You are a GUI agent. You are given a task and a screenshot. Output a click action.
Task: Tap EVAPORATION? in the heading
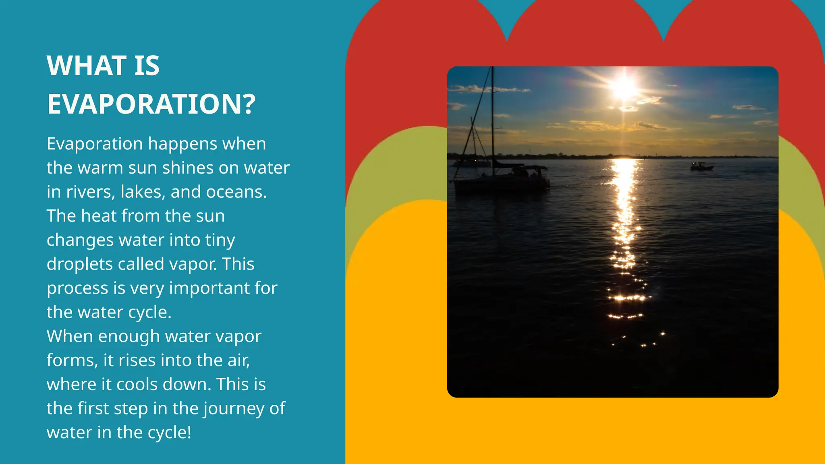(x=151, y=104)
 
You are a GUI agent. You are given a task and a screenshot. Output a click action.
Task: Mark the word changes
(x=80, y=240)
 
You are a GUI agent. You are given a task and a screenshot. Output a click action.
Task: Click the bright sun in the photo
(x=624, y=87)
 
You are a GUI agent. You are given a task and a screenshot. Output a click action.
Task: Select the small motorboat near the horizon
(x=701, y=166)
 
